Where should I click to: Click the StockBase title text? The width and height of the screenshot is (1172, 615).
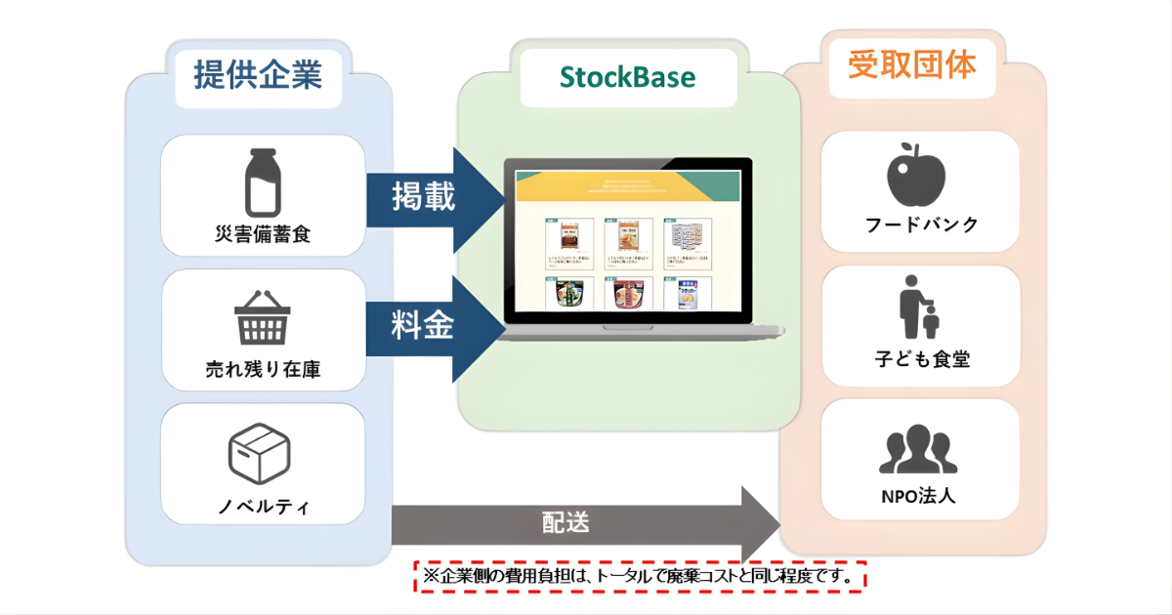pos(628,77)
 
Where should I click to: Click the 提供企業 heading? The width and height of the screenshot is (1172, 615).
pos(258,74)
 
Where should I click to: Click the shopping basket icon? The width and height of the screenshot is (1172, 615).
pos(262,318)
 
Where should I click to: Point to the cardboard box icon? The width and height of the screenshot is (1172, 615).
pos(259,453)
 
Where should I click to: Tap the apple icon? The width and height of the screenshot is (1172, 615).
pos(916,174)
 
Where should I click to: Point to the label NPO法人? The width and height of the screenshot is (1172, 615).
pos(918,495)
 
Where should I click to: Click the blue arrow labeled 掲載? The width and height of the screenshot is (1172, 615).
pos(430,197)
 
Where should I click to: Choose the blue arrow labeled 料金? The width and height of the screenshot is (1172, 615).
pos(430,328)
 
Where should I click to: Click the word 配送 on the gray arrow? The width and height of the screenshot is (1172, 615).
pos(565,522)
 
